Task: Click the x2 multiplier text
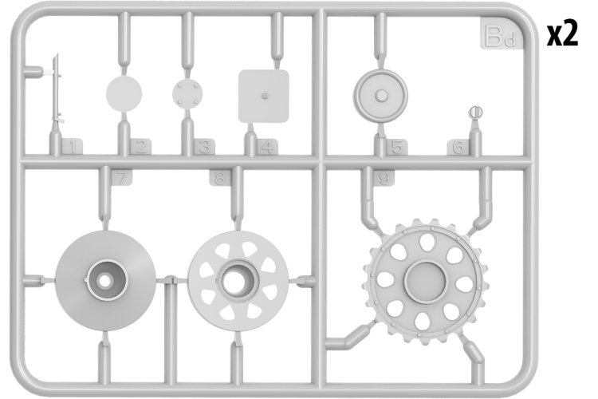click(x=563, y=34)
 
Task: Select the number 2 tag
click(x=140, y=147)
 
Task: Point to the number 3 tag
click(x=204, y=147)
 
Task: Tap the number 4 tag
click(x=267, y=147)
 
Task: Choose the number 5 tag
click(x=396, y=147)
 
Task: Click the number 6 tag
click(x=458, y=147)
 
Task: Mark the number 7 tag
click(x=121, y=177)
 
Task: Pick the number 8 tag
click(x=220, y=177)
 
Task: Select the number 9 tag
click(x=384, y=177)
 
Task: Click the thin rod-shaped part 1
click(x=57, y=89)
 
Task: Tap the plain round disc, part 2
click(x=124, y=93)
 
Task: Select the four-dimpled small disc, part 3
click(x=187, y=93)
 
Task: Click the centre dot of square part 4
click(x=264, y=96)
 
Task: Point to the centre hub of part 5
click(x=380, y=96)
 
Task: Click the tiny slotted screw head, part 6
click(x=475, y=112)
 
